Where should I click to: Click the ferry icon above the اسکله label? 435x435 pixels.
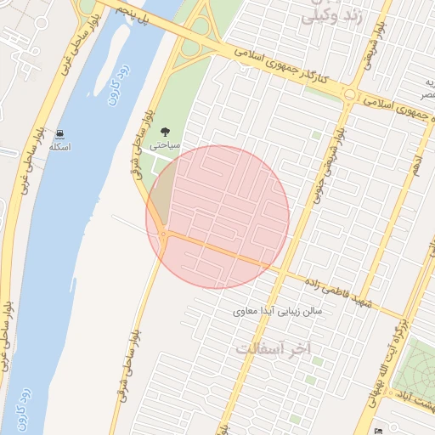[x=60, y=133]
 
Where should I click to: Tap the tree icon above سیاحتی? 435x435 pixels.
[x=165, y=132]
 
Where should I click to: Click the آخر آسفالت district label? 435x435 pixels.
[x=274, y=349]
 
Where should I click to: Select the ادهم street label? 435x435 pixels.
[x=415, y=163]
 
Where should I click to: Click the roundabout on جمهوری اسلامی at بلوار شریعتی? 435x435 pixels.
[x=349, y=94]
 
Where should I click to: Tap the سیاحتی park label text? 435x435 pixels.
[x=165, y=145]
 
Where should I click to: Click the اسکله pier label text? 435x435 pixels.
[x=59, y=147]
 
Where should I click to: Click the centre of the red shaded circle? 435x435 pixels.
[x=217, y=217]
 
